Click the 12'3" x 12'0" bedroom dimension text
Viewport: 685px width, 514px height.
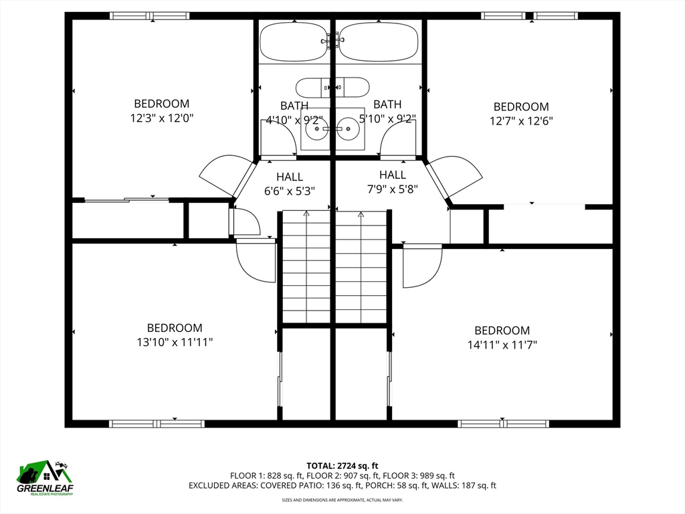click(162, 118)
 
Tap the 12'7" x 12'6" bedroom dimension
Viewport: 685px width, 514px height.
click(521, 120)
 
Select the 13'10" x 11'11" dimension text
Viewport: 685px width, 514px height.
click(175, 342)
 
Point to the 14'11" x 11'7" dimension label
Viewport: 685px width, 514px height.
click(502, 345)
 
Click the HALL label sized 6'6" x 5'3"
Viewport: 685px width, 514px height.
click(290, 177)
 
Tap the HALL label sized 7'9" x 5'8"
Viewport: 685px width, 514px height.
click(392, 175)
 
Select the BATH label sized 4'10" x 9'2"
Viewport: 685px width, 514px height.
click(294, 106)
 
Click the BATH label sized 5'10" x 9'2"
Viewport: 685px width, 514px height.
click(387, 104)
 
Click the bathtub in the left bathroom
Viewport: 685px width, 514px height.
click(294, 42)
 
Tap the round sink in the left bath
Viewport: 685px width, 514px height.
click(316, 128)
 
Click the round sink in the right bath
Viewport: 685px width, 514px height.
click(348, 128)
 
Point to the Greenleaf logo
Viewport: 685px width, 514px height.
click(45, 478)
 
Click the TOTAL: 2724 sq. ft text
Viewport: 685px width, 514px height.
click(342, 466)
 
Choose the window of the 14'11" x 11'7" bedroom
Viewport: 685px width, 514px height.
click(503, 424)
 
